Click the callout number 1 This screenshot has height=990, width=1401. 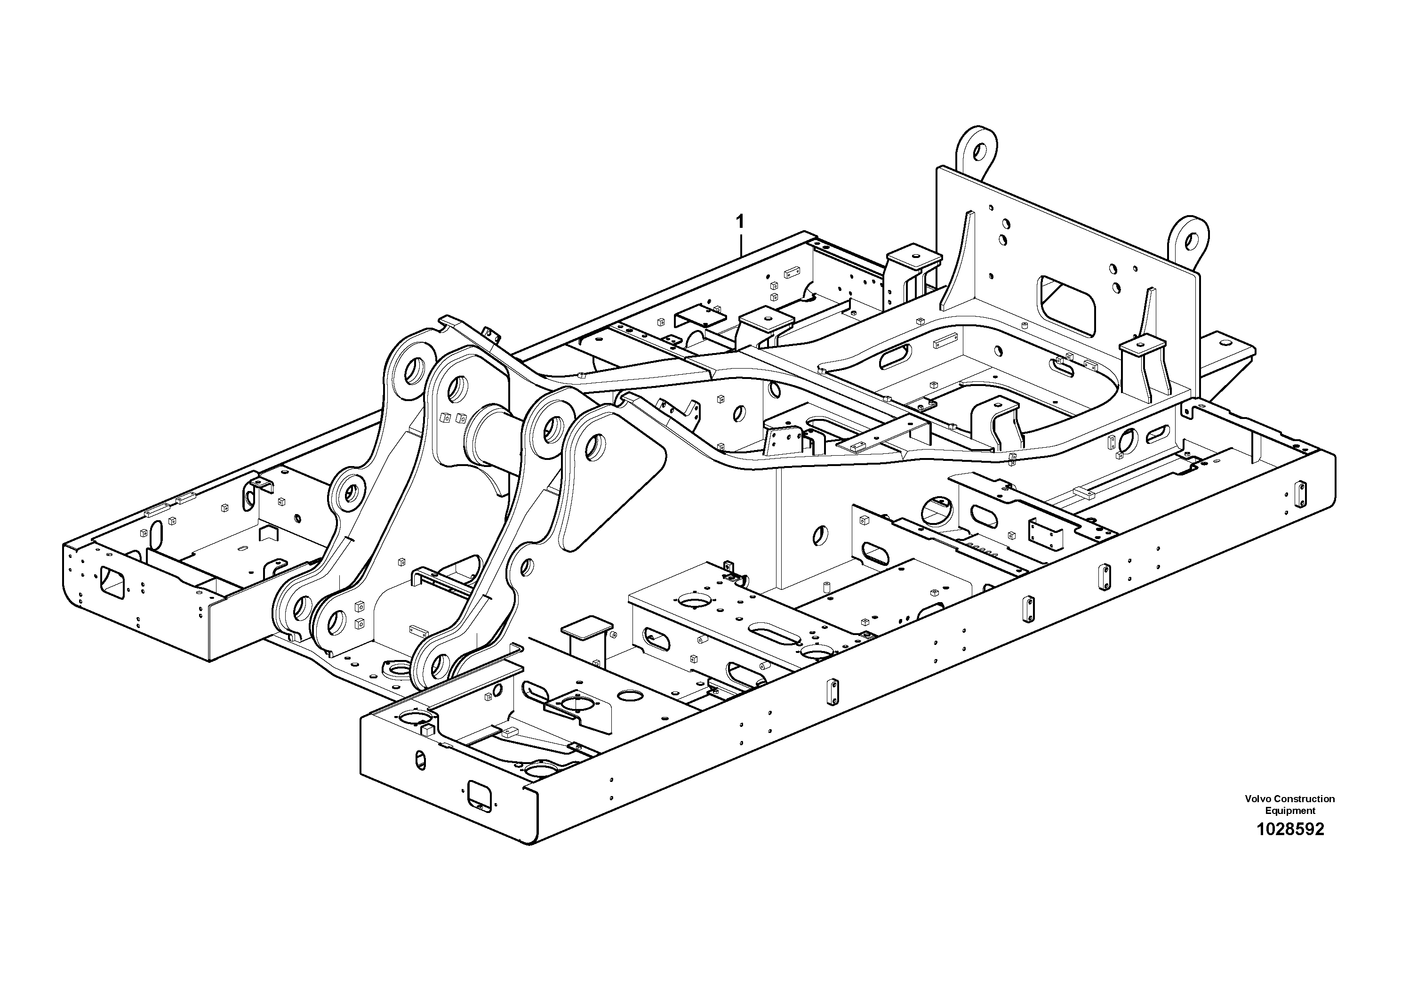[740, 220]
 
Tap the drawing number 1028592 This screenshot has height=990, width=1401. [1290, 829]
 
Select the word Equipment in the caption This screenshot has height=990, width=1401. [1290, 811]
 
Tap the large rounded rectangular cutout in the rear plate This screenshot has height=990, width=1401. [1068, 305]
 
